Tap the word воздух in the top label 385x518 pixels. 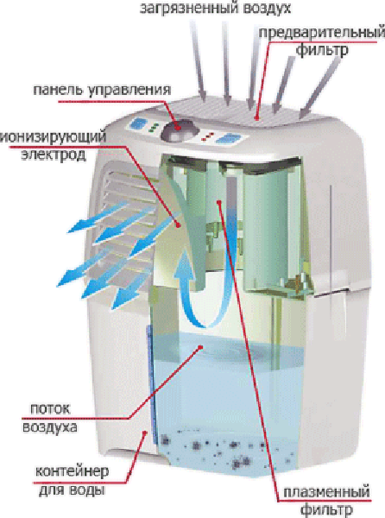[267, 7]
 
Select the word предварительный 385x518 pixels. [321, 34]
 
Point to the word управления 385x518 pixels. [128, 91]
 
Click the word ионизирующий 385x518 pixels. [54, 137]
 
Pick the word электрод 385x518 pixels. [54, 155]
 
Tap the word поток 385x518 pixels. [50, 409]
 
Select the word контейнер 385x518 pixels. [72, 471]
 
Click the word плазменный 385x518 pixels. [326, 493]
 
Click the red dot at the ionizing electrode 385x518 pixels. [179, 225]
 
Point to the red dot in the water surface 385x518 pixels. [200, 347]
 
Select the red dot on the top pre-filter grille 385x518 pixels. [256, 117]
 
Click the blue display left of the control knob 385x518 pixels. [136, 124]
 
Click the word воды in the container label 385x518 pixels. [86, 490]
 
